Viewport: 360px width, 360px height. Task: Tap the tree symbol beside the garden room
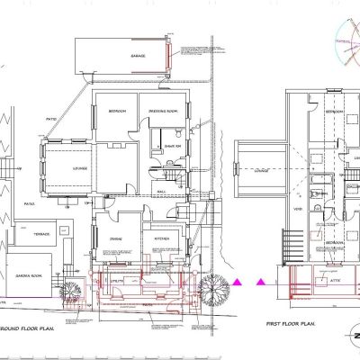(x=67, y=288)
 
